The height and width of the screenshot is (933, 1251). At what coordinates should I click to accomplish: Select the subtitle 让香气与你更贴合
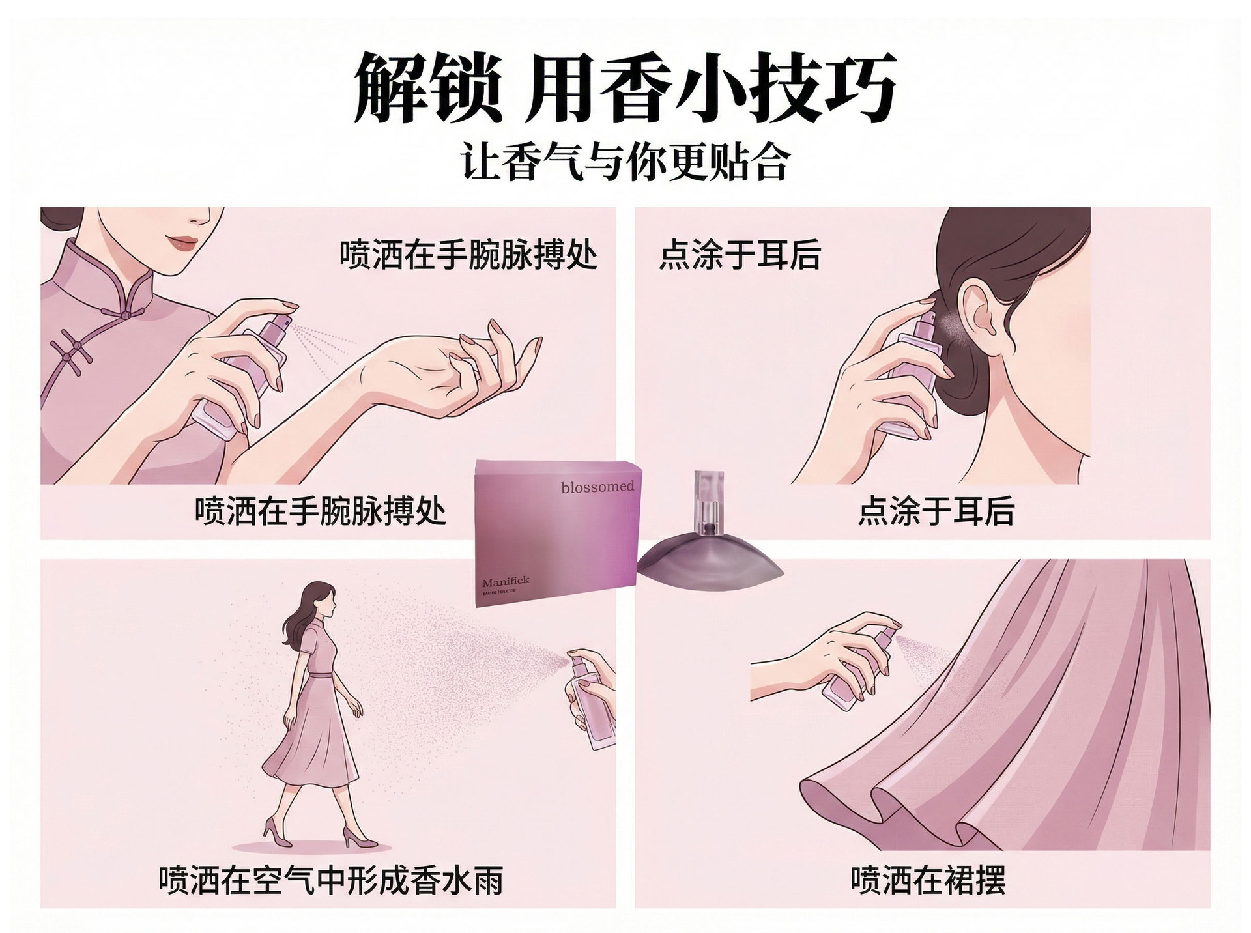pyautogui.click(x=625, y=162)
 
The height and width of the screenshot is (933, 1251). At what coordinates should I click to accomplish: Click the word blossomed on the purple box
pyautogui.click(x=597, y=487)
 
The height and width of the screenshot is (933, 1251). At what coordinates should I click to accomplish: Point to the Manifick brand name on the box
pyautogui.click(x=506, y=581)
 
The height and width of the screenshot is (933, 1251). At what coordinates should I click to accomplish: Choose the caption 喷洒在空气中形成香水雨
pyautogui.click(x=332, y=880)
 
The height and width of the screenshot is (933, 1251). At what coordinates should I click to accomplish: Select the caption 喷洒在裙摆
pyautogui.click(x=928, y=880)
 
